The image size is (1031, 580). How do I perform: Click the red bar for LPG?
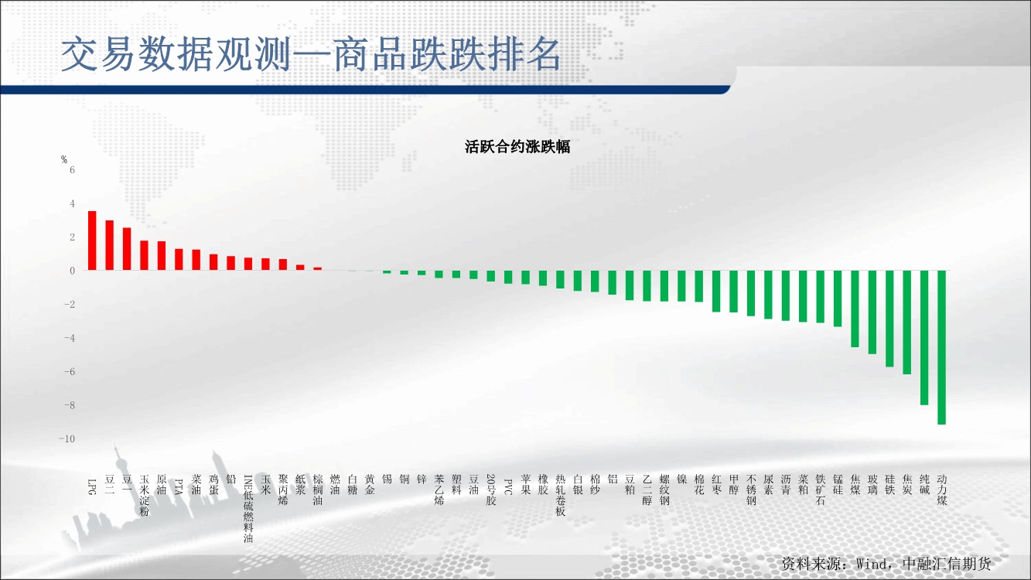(x=92, y=241)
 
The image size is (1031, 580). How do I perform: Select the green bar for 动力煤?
(x=942, y=347)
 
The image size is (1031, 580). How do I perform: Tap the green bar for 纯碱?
(x=924, y=337)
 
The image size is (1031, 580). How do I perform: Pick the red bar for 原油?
(x=162, y=255)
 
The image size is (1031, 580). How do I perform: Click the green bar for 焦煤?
(x=855, y=309)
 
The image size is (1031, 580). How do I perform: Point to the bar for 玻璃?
(x=872, y=312)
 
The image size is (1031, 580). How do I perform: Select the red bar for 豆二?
(x=110, y=245)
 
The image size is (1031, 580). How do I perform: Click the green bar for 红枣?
(x=716, y=291)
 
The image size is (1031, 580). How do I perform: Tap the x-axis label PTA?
(x=179, y=486)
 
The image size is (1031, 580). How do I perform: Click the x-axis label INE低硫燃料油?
(x=248, y=509)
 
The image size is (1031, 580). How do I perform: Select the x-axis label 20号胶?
(x=491, y=490)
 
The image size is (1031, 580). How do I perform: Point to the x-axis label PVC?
(x=508, y=486)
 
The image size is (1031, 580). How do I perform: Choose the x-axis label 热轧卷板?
(x=560, y=495)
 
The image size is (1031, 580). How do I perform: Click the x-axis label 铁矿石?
(x=820, y=490)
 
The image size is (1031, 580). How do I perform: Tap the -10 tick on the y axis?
(x=67, y=438)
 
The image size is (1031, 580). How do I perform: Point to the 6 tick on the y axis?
(x=72, y=170)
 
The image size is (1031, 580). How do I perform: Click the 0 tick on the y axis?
(x=72, y=271)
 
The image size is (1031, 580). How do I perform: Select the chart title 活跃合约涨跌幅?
(x=517, y=147)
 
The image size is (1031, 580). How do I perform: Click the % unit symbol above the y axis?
(x=64, y=159)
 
